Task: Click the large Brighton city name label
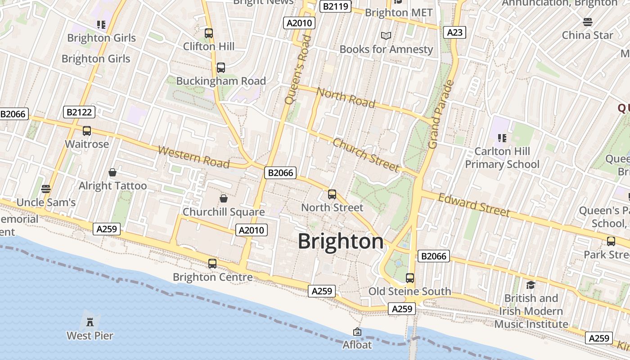click(341, 242)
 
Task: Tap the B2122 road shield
click(79, 112)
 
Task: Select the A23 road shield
click(454, 32)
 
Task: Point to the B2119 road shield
click(335, 6)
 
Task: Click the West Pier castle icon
click(90, 322)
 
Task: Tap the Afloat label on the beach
click(357, 345)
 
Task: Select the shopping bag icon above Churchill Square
click(224, 198)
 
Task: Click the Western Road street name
click(194, 157)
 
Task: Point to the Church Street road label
click(366, 155)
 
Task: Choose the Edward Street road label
click(474, 205)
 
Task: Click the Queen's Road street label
click(298, 70)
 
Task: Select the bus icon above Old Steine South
click(409, 278)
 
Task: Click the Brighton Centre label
click(212, 277)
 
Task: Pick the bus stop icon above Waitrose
click(87, 131)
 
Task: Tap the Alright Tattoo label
click(112, 186)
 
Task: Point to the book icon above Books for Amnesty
click(386, 36)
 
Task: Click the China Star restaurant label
click(587, 35)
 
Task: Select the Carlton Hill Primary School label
click(502, 157)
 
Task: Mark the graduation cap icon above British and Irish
click(531, 285)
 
